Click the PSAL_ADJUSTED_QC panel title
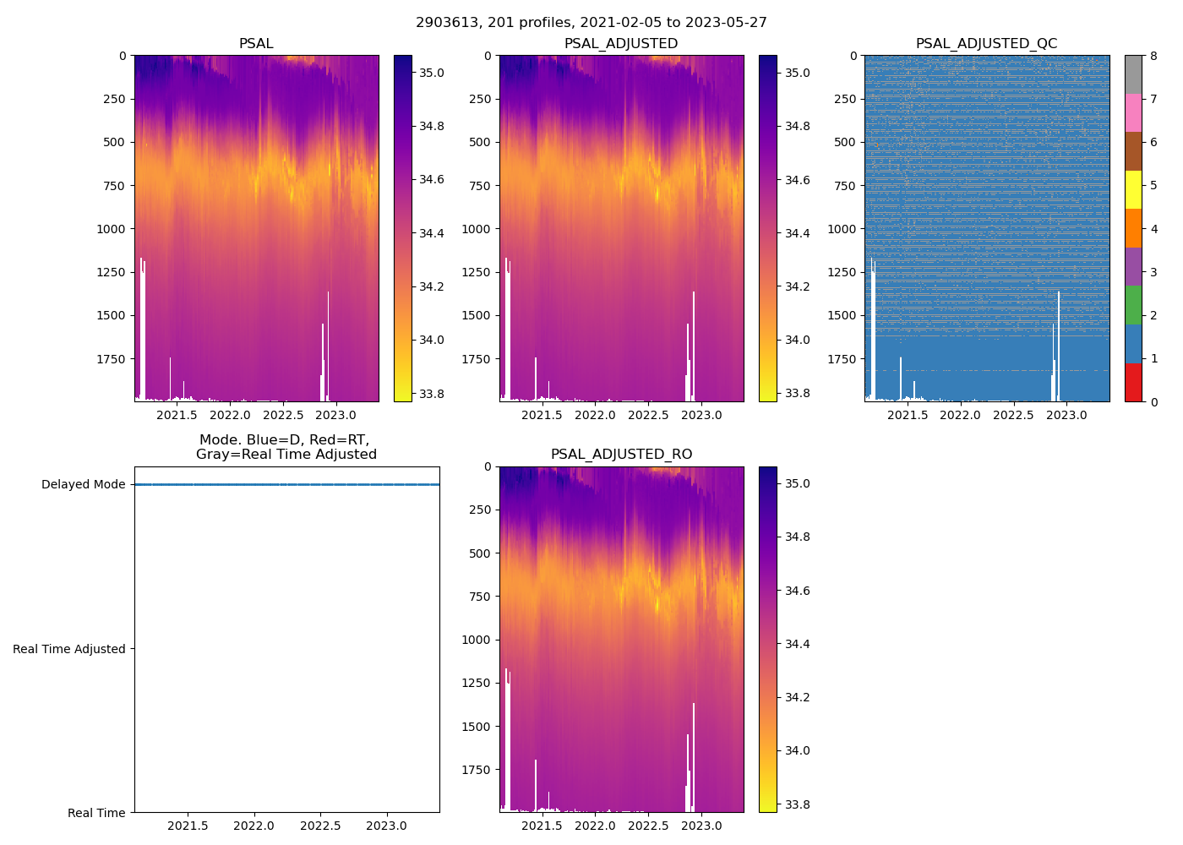click(x=986, y=44)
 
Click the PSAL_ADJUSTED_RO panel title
click(x=621, y=455)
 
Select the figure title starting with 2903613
click(x=591, y=23)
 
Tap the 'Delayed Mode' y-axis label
click(x=83, y=485)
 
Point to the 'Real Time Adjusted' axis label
click(x=69, y=649)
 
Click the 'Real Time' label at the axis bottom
click(x=96, y=813)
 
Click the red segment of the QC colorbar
click(x=1133, y=383)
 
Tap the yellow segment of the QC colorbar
click(x=1133, y=190)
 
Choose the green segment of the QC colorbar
click(x=1133, y=305)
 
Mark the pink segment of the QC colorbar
click(x=1133, y=112)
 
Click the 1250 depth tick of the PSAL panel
click(x=112, y=272)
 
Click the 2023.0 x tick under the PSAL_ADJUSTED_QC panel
click(x=1066, y=415)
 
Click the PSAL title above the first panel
click(x=256, y=44)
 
